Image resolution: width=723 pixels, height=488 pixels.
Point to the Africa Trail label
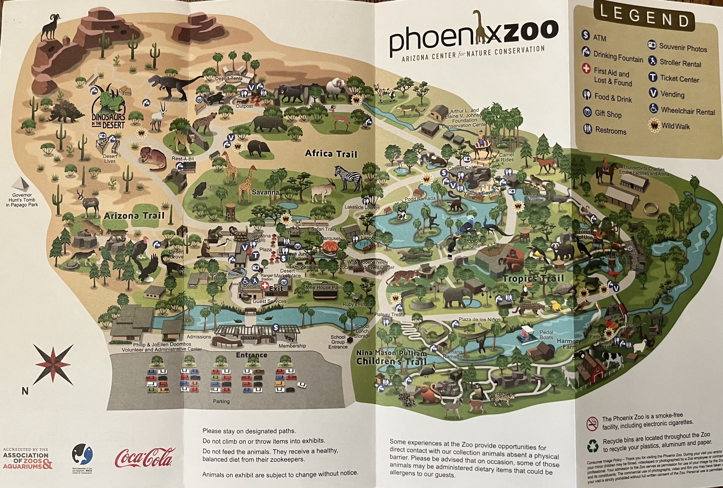[x=331, y=154]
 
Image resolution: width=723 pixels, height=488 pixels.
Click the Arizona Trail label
[x=134, y=216]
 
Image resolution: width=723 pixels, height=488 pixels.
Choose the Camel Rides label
[x=507, y=157]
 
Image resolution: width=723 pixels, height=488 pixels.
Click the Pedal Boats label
[x=546, y=335]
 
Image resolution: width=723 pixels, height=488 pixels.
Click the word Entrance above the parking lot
[x=251, y=355]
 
